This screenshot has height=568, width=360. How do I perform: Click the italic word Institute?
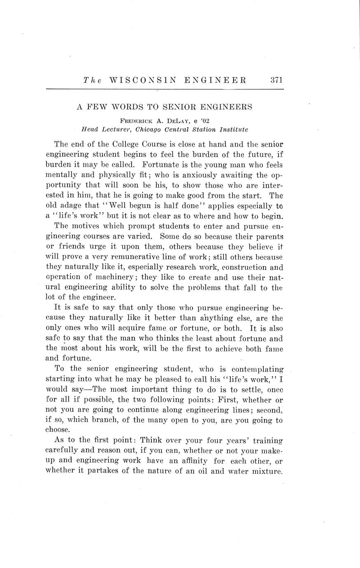point(233,129)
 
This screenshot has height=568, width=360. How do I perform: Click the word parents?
point(269,236)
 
